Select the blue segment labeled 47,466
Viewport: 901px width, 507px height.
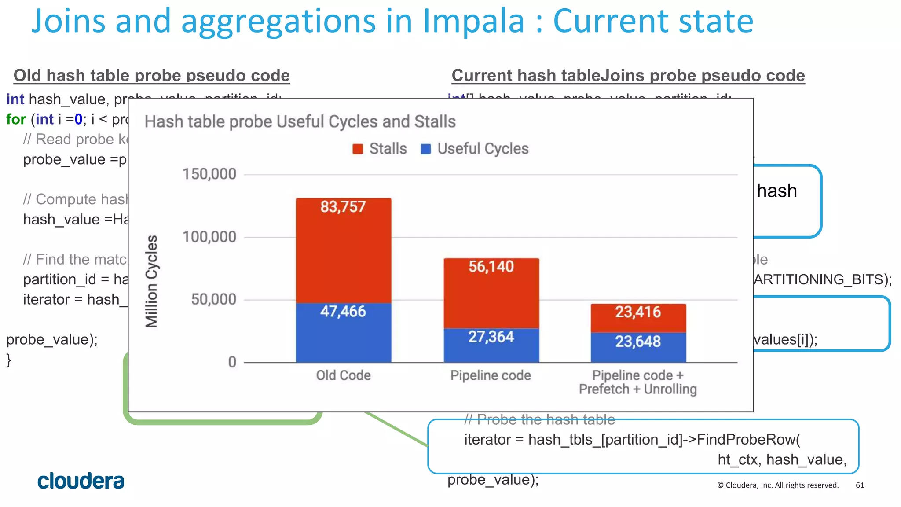pyautogui.click(x=343, y=333)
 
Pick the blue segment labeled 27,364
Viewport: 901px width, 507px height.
pyautogui.click(x=491, y=345)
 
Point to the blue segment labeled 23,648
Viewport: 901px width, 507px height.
pyautogui.click(x=638, y=348)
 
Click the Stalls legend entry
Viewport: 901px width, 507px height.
pyautogui.click(x=380, y=149)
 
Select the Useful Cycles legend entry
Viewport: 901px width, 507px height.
pyautogui.click(x=475, y=149)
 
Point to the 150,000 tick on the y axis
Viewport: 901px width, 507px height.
pyautogui.click(x=209, y=174)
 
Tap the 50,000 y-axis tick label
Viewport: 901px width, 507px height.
pyautogui.click(x=213, y=300)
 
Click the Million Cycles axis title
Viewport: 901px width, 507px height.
pyautogui.click(x=151, y=282)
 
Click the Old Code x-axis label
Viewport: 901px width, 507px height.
pyautogui.click(x=343, y=375)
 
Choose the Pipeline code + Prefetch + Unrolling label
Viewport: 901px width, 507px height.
pyautogui.click(x=638, y=382)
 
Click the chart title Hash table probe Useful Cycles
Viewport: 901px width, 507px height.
pyautogui.click(x=300, y=121)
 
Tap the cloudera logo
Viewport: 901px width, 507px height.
pyautogui.click(x=81, y=481)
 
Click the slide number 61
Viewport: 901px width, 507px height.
pyautogui.click(x=860, y=485)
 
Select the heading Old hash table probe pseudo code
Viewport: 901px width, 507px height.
pyautogui.click(x=151, y=76)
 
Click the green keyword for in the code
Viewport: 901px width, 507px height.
pyautogui.click(x=16, y=119)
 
